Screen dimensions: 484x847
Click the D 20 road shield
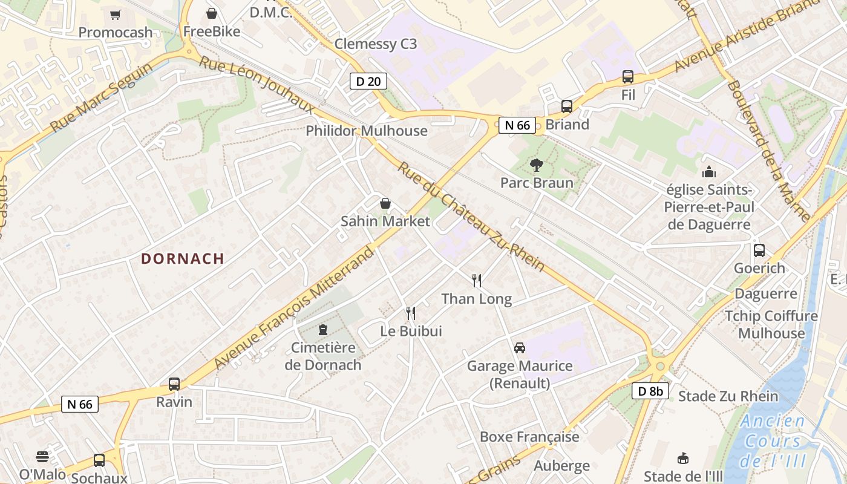(x=368, y=81)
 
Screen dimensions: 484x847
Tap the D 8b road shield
(x=651, y=391)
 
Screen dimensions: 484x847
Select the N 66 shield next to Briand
(x=517, y=125)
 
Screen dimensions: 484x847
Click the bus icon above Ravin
(x=174, y=384)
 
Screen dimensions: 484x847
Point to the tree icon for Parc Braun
(x=536, y=164)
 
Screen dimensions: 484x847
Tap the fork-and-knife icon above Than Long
(x=477, y=280)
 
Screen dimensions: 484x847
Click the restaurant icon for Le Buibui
(x=411, y=313)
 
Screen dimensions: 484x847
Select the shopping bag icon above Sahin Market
(x=385, y=203)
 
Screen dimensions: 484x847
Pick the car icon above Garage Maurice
(x=519, y=347)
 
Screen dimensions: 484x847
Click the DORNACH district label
(x=183, y=259)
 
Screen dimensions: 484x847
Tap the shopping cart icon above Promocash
(x=115, y=15)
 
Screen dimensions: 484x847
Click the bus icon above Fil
(x=628, y=77)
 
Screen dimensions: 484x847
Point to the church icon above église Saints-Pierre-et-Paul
(x=708, y=172)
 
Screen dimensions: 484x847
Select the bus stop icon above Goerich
(x=759, y=250)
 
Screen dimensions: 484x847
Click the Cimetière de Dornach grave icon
(x=323, y=330)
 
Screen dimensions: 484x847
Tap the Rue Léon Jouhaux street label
(x=257, y=85)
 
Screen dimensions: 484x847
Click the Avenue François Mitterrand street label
(x=295, y=309)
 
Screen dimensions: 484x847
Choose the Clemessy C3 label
(x=376, y=44)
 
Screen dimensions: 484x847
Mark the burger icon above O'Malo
(x=42, y=456)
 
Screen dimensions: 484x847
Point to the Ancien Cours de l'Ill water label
(x=773, y=441)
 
